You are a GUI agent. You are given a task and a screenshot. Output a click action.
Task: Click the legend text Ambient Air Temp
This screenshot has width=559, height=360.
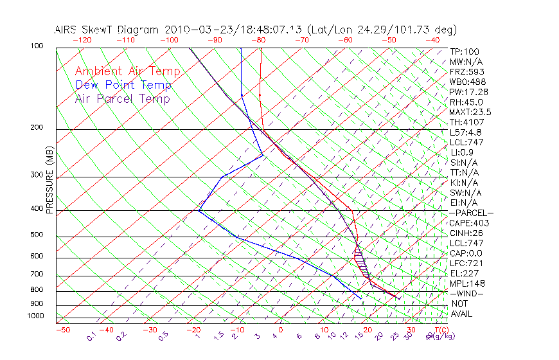pos(127,71)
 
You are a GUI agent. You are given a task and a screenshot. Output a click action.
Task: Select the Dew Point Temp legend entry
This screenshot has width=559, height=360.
pos(123,85)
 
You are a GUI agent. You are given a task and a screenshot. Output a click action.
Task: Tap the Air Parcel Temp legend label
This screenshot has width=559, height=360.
pos(122,98)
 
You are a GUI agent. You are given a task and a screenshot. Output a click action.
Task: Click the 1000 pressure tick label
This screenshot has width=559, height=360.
pos(36,316)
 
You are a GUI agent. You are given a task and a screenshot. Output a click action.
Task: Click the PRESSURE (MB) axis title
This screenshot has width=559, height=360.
pos(49,180)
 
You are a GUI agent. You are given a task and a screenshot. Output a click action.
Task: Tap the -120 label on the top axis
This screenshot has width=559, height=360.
pos(82,40)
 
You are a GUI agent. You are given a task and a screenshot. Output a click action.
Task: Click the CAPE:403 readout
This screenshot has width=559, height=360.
pos(469,223)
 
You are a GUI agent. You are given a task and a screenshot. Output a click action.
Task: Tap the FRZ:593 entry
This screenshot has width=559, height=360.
pos(467,72)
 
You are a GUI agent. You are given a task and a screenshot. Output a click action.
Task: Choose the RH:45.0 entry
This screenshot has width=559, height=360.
pos(467,102)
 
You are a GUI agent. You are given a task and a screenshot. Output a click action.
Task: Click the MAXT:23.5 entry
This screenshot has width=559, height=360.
pos(471,113)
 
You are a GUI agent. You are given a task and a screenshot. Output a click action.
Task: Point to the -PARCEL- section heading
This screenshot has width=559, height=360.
pos(471,213)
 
